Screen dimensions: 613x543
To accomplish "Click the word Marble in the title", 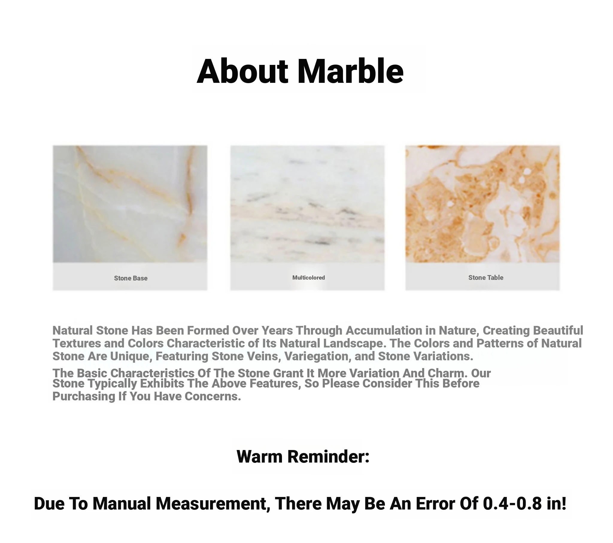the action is [x=350, y=71].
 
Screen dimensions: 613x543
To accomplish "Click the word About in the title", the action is [x=242, y=71].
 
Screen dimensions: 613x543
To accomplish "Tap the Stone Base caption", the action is [x=131, y=278].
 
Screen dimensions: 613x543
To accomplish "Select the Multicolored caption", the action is [x=309, y=277].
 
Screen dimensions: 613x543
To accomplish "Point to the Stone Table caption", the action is [x=486, y=277].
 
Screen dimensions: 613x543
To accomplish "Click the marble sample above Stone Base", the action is [x=130, y=204].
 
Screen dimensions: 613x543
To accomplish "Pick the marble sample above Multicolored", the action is [x=307, y=204].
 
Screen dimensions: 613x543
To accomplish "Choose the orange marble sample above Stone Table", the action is [x=482, y=204].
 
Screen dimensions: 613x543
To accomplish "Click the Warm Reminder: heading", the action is [x=303, y=457].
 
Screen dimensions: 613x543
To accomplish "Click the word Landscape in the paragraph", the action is [x=355, y=344].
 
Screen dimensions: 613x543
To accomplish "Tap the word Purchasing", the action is [x=84, y=396].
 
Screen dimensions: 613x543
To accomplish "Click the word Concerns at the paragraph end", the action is [x=213, y=396].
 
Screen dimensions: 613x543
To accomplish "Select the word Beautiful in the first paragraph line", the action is [x=558, y=330].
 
